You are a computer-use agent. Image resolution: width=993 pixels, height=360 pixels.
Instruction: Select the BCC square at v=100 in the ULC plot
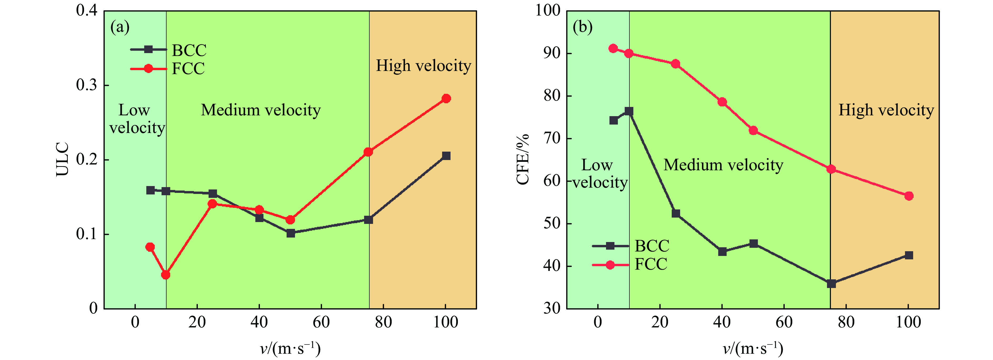[x=446, y=156]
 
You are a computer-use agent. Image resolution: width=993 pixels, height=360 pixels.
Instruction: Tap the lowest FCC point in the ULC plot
[x=166, y=275]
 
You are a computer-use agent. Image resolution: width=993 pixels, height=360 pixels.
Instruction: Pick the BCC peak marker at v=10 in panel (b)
[x=629, y=111]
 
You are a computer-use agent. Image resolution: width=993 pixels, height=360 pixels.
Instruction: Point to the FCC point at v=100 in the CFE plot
[x=909, y=196]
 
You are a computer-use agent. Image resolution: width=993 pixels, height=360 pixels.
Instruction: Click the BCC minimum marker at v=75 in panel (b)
[x=831, y=284]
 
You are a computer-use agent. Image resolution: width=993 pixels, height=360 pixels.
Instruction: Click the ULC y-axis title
[x=63, y=159]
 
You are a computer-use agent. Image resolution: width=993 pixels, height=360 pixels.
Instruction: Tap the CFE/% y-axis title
[x=523, y=159]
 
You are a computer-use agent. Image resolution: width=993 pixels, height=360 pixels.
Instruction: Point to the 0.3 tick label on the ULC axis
[x=87, y=85]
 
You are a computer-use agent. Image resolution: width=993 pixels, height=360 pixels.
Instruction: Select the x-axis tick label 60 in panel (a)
[x=321, y=322]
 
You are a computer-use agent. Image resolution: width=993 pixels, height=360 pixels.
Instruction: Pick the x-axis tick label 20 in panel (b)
[x=660, y=322]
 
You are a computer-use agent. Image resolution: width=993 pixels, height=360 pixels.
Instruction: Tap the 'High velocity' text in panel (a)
[x=423, y=66]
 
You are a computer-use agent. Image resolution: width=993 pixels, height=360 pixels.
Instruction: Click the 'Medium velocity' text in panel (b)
[x=723, y=165]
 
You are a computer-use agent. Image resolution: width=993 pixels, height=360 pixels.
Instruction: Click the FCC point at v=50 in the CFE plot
[x=753, y=131]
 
